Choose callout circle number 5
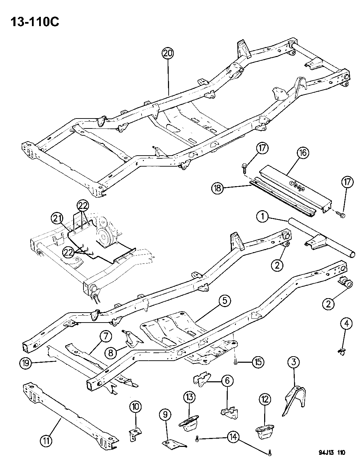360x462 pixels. [224, 301]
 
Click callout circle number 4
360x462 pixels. [346, 323]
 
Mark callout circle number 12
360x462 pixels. [265, 399]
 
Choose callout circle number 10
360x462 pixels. [135, 406]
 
